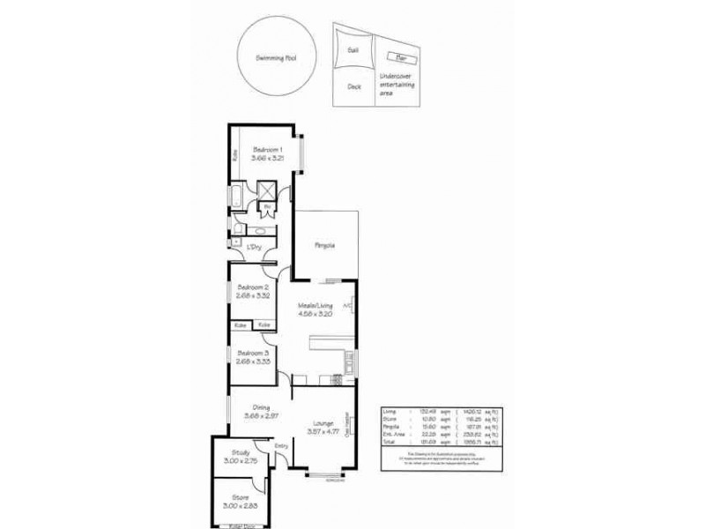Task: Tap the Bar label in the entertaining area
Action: (402, 58)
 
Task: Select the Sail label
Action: (352, 51)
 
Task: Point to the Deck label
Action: (354, 86)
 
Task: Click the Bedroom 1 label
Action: (266, 149)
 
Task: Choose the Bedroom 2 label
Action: (253, 287)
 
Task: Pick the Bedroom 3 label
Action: (253, 353)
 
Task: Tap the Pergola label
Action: (325, 246)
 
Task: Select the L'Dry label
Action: (256, 247)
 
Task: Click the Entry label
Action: (281, 446)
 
